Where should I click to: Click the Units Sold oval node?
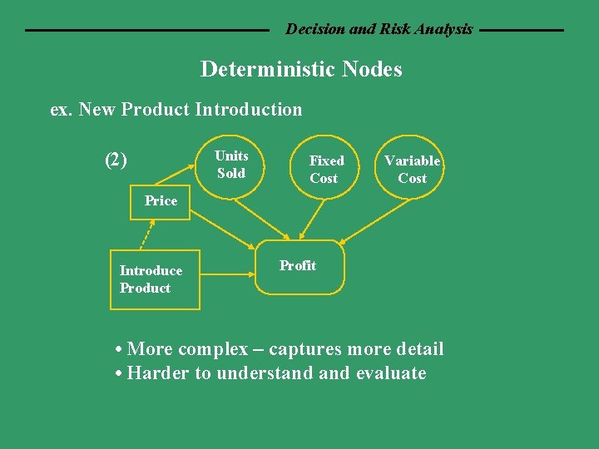(x=230, y=165)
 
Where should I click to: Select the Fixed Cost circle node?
(x=325, y=169)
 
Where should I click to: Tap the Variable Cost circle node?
(x=412, y=169)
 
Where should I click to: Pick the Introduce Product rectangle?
(x=155, y=279)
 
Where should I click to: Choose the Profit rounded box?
(x=299, y=267)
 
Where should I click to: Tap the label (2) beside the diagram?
(x=116, y=160)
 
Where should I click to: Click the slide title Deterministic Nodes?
(x=301, y=69)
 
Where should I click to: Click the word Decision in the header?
(x=315, y=29)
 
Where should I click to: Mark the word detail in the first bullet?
(x=418, y=349)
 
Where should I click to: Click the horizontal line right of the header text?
(x=522, y=30)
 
